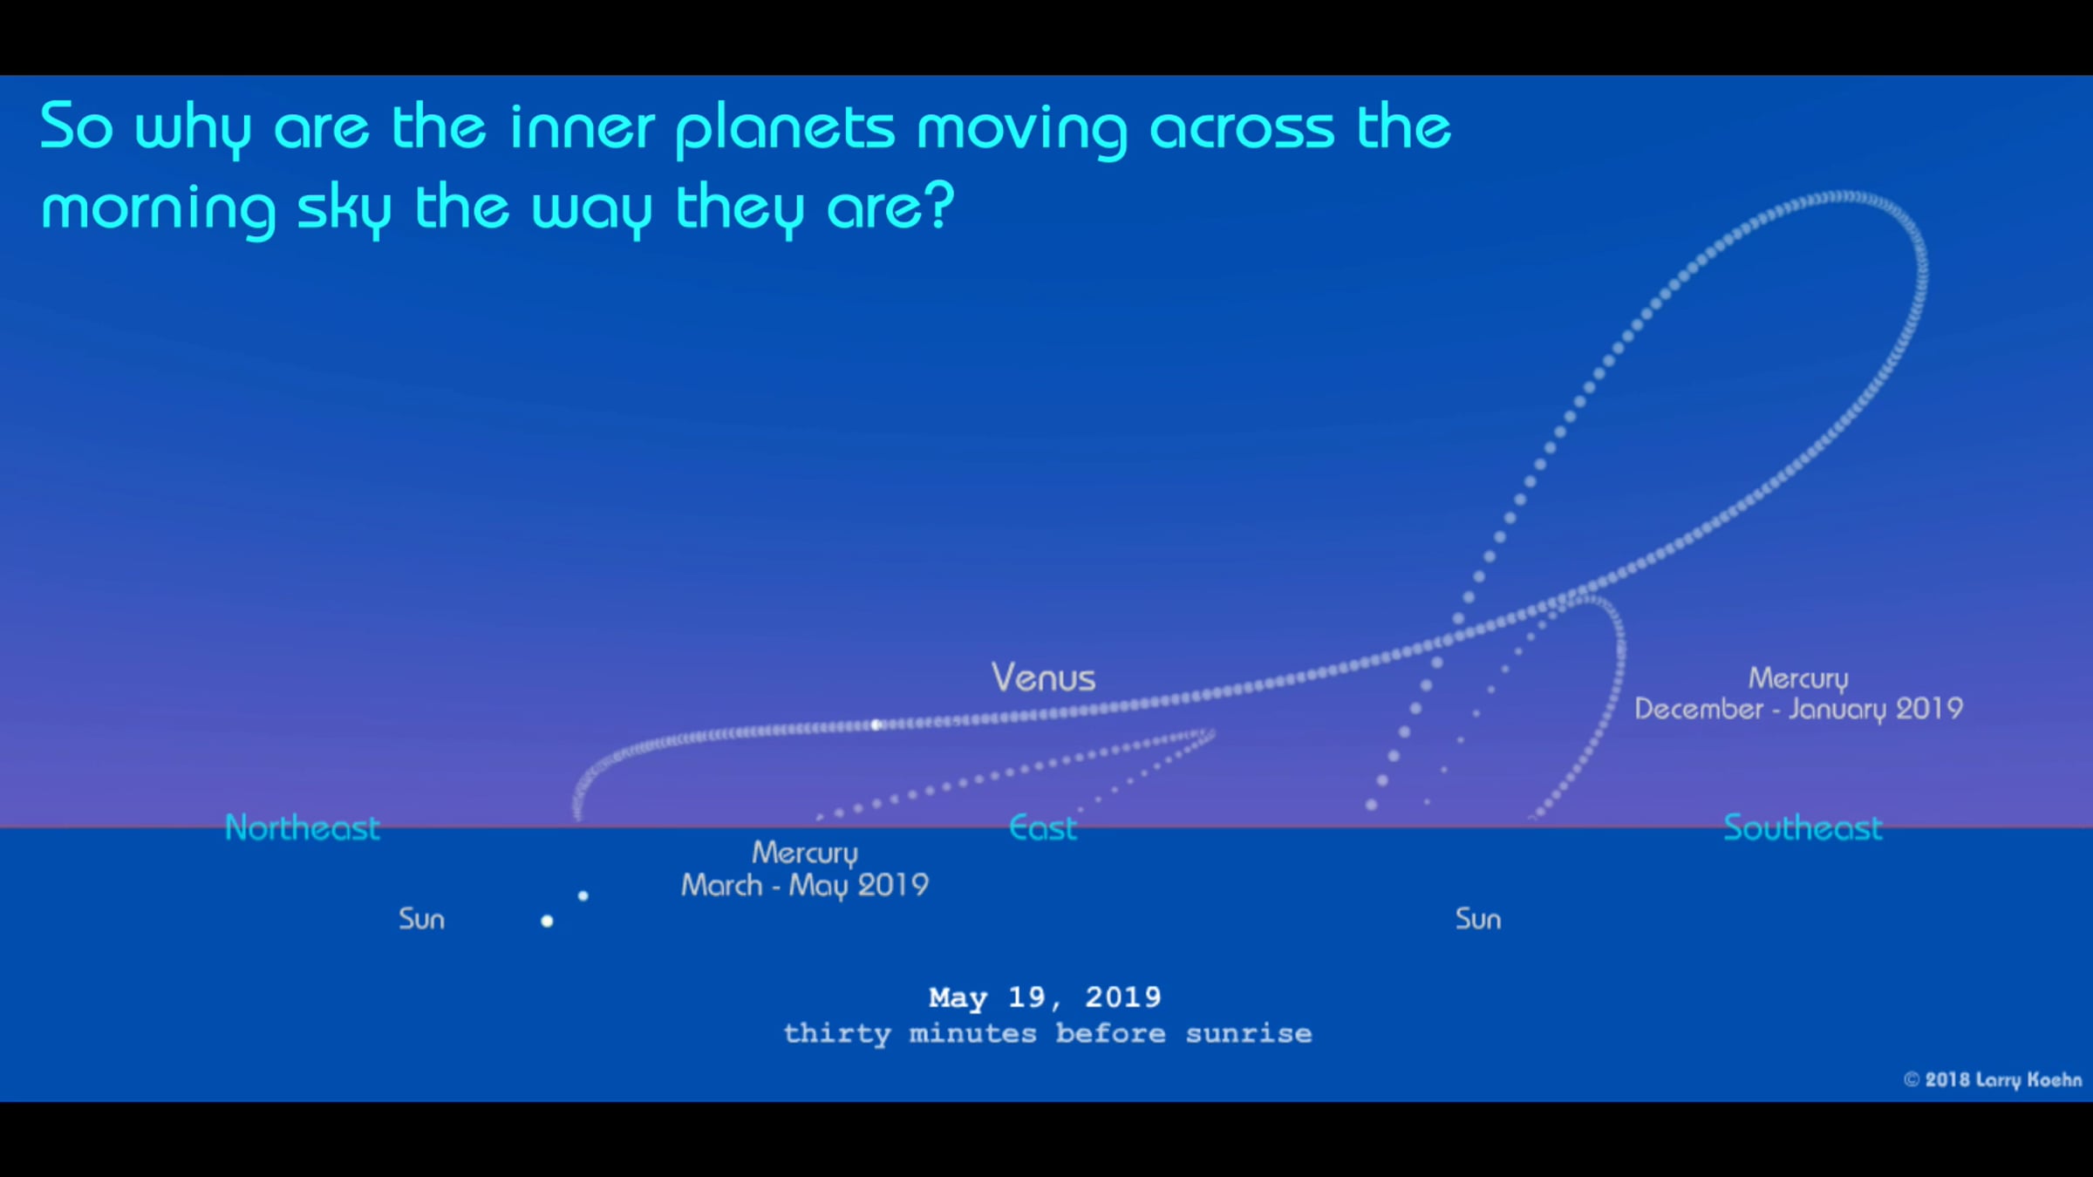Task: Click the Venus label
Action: pyautogui.click(x=1043, y=677)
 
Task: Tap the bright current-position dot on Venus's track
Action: pyautogui.click(x=876, y=725)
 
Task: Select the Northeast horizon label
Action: pyautogui.click(x=303, y=827)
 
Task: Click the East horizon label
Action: pyautogui.click(x=1043, y=827)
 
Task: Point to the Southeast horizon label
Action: pyautogui.click(x=1803, y=827)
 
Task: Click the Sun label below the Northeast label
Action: pyautogui.click(x=421, y=919)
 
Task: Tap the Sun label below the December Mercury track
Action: pyautogui.click(x=1478, y=919)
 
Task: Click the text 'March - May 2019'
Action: pyautogui.click(x=805, y=885)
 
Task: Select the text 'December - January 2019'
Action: pyautogui.click(x=1798, y=709)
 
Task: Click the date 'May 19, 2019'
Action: pyautogui.click(x=1045, y=997)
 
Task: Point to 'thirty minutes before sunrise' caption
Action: pyautogui.click(x=1047, y=1034)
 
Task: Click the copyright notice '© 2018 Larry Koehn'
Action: pyautogui.click(x=1993, y=1079)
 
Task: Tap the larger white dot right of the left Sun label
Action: pyautogui.click(x=547, y=921)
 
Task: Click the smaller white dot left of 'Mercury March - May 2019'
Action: pyautogui.click(x=583, y=895)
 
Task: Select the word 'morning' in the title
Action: pyautogui.click(x=159, y=209)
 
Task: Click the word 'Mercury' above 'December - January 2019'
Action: pyautogui.click(x=1798, y=678)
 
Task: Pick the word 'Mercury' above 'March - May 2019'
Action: pyautogui.click(x=805, y=853)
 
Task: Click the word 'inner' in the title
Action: pyautogui.click(x=582, y=127)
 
